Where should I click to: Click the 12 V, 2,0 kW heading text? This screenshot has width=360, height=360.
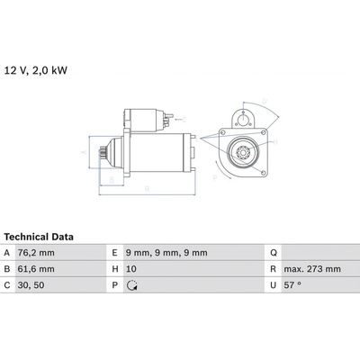point(36,70)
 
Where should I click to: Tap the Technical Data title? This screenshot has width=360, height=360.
point(39,237)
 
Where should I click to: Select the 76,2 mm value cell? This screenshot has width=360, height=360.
point(36,253)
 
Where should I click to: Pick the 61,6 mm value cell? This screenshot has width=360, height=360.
point(36,269)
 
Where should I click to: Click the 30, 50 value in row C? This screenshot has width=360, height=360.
point(31,285)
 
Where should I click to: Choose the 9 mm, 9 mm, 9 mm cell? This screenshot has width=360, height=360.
point(166,253)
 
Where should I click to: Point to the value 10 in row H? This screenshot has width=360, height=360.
point(131,269)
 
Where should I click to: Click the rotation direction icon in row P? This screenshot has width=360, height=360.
point(132,285)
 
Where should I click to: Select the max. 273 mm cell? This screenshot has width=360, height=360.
point(312,269)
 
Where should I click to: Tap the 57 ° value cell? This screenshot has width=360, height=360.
point(292,285)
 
